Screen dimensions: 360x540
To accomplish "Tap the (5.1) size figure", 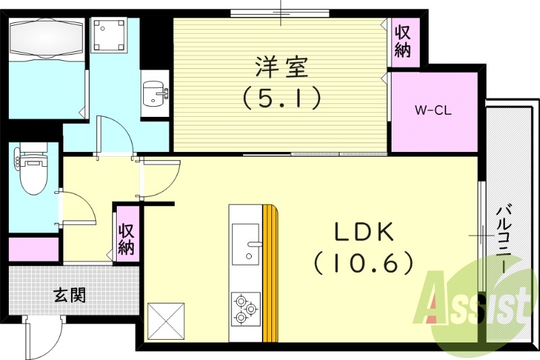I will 281,99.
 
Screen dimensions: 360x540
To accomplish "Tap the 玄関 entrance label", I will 70,295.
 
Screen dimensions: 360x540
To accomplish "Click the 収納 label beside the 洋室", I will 403,41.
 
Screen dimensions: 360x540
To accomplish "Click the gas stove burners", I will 244,309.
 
